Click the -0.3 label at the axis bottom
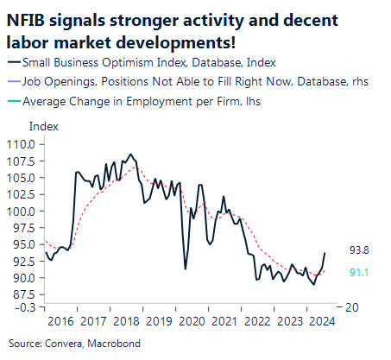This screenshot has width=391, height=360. (x=24, y=307)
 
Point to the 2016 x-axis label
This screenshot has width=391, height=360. (x=60, y=322)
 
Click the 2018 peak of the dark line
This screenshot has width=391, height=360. (x=130, y=155)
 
